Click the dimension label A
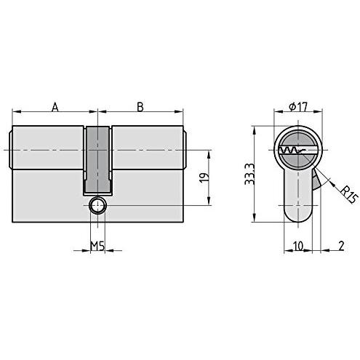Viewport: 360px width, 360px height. [55, 107]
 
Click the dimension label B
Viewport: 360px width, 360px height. [140, 107]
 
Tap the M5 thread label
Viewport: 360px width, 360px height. [97, 246]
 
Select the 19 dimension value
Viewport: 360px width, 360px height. [204, 177]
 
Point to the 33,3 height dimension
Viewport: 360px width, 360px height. [249, 174]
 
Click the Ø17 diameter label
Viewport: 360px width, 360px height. [298, 107]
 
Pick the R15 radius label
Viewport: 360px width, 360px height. [349, 194]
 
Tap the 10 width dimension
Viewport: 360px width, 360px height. [298, 246]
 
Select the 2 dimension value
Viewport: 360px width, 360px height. [341, 246]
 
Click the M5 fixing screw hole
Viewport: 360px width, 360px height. [97, 205]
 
